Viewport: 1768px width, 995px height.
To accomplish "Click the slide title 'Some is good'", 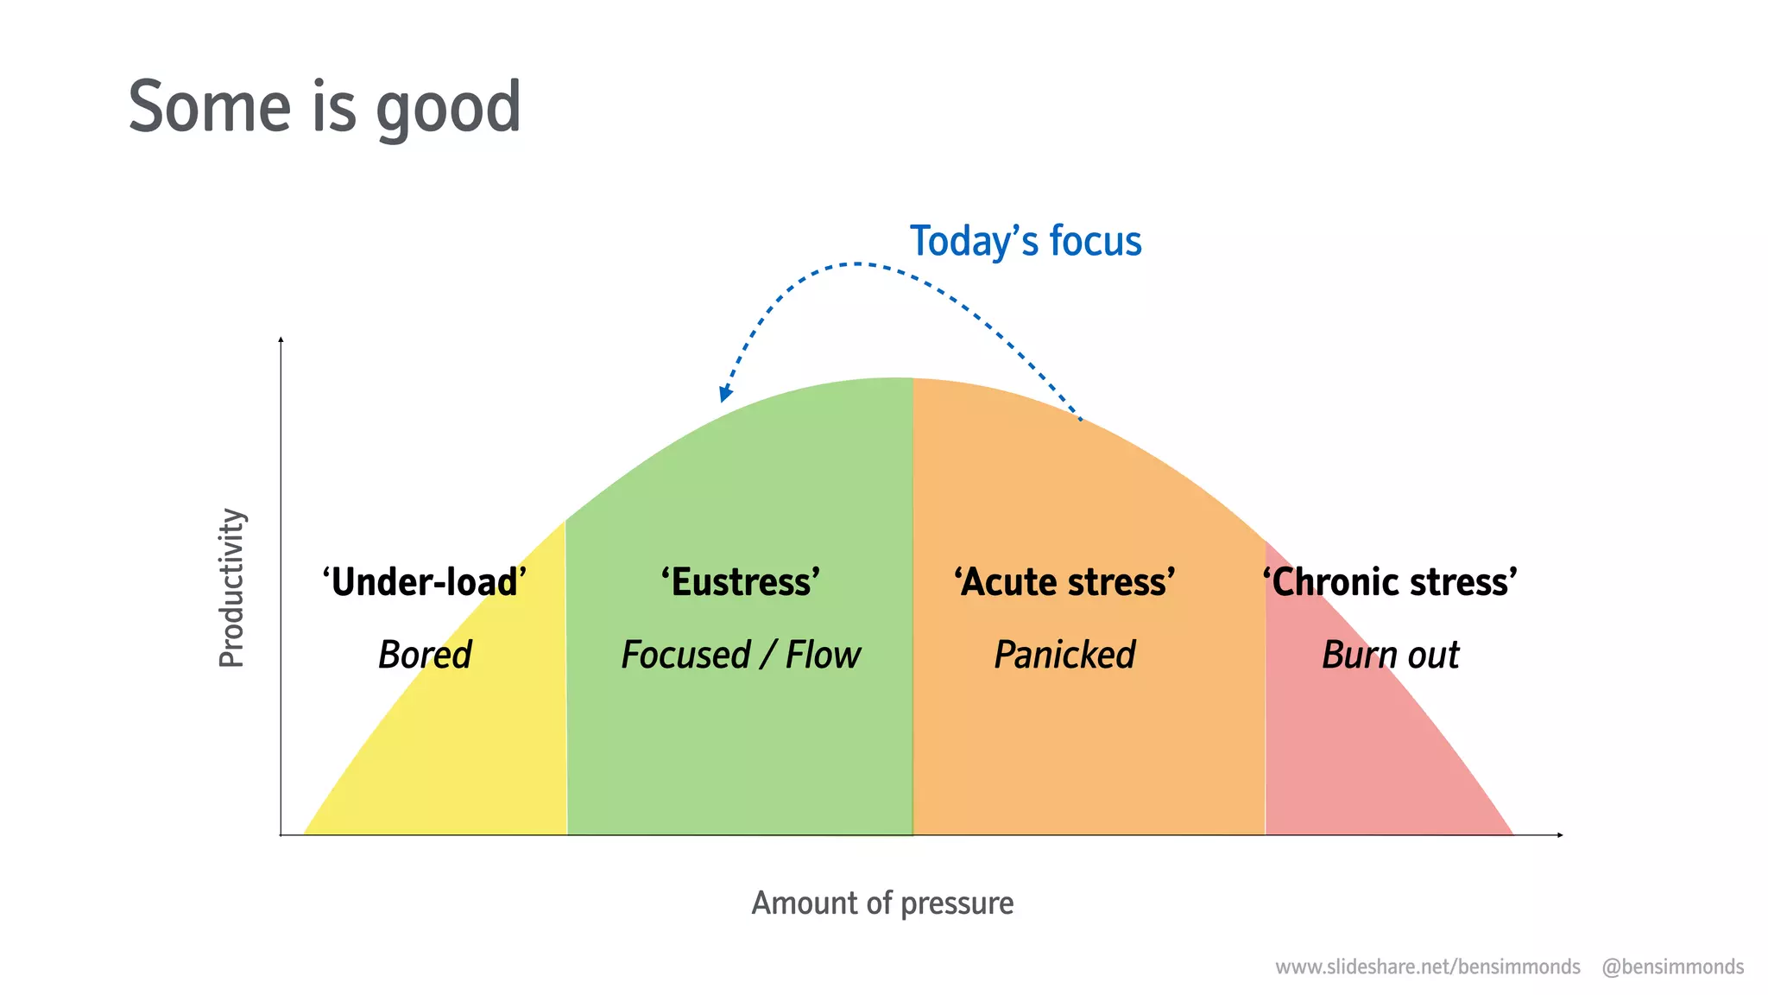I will (325, 107).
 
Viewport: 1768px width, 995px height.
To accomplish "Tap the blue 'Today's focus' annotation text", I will (1026, 241).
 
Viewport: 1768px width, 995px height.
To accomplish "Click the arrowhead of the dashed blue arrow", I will (725, 395).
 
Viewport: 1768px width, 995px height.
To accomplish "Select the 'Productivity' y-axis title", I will (231, 587).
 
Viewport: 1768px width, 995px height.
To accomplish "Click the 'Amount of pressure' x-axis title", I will (882, 903).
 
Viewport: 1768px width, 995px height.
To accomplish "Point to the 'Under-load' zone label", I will (425, 582).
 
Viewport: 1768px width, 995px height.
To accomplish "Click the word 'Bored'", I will (425, 655).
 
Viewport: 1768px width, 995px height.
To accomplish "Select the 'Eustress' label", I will (741, 582).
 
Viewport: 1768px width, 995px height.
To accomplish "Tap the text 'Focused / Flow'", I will (741, 655).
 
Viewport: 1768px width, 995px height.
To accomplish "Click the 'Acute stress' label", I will (1064, 582).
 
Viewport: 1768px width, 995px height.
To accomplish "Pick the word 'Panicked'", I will (1064, 655).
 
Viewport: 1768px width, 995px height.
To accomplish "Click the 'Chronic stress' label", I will (1390, 582).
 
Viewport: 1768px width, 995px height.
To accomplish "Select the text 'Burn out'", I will (1390, 655).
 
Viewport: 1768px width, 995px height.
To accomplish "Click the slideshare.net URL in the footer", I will (1428, 966).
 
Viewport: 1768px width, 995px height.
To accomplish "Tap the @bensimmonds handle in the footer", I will (1672, 966).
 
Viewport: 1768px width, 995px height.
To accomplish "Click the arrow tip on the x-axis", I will (1560, 835).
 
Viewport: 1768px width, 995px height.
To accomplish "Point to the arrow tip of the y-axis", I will (281, 340).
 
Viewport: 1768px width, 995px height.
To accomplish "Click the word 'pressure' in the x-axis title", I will (957, 903).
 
